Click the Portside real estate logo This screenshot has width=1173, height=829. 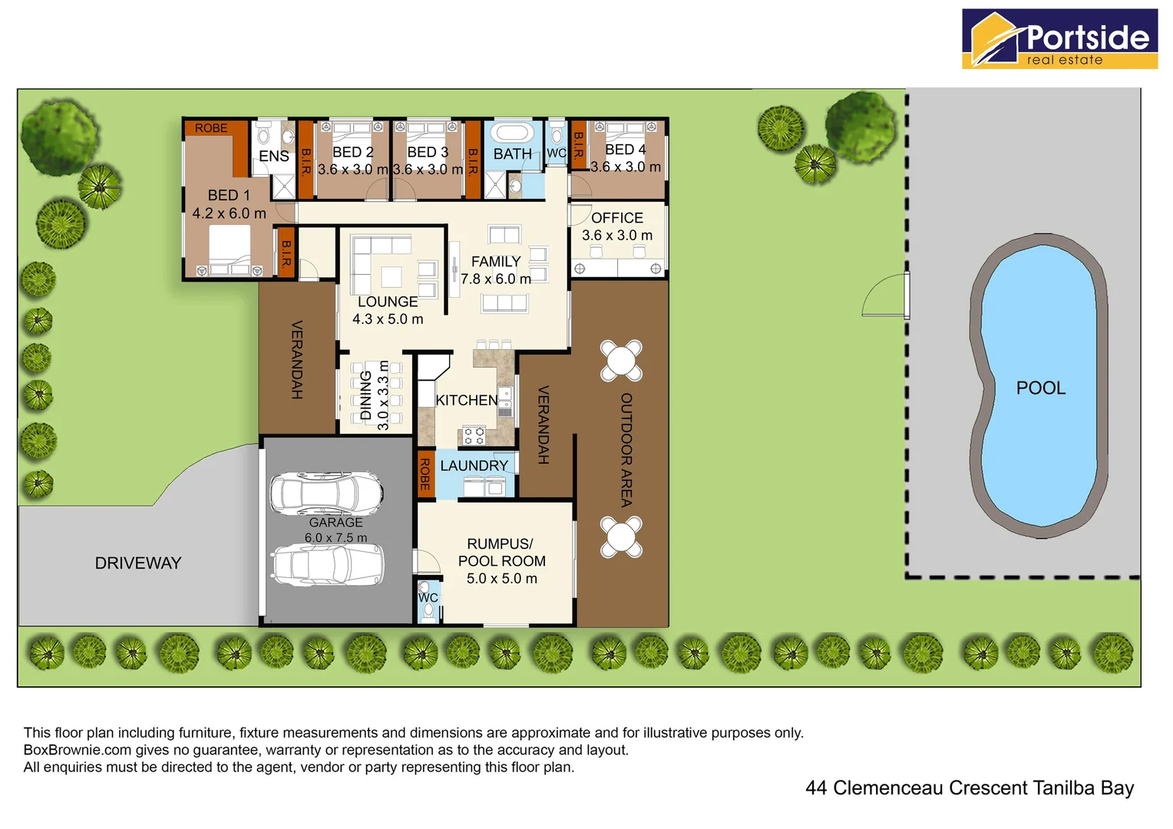(x=1059, y=39)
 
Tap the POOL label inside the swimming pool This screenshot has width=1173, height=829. (x=1040, y=388)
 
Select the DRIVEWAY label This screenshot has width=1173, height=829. (x=138, y=563)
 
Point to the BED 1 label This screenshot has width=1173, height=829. (x=229, y=196)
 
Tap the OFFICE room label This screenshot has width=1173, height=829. (x=617, y=218)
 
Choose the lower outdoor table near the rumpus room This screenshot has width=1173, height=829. (x=621, y=537)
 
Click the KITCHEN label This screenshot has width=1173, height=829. (x=466, y=401)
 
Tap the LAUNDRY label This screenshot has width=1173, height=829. (x=474, y=466)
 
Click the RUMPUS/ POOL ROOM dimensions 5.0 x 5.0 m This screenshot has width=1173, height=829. (x=502, y=579)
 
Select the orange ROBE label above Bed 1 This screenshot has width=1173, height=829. (x=211, y=128)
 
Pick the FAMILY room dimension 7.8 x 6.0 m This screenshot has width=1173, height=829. (x=496, y=279)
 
